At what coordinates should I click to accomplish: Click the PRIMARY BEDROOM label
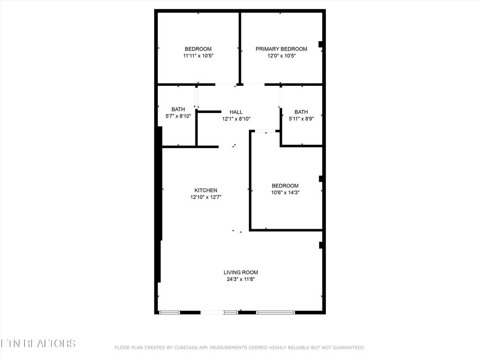click(281, 49)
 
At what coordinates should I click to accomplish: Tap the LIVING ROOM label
click(240, 272)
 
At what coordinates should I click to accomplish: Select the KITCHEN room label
click(206, 190)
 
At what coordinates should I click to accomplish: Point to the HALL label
click(236, 112)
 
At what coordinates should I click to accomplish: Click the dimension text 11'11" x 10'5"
click(198, 56)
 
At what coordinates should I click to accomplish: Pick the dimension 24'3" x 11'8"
click(240, 279)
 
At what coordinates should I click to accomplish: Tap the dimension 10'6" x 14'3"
click(285, 192)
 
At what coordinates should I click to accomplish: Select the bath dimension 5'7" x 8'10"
click(178, 116)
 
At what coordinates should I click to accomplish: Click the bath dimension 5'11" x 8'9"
click(301, 119)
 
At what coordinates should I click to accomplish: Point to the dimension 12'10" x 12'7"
click(206, 197)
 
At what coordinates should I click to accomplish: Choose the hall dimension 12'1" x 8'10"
click(236, 119)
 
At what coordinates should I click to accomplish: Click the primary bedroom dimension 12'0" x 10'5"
click(281, 56)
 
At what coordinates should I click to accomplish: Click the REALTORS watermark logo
click(37, 343)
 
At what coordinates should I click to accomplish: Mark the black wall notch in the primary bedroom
click(321, 45)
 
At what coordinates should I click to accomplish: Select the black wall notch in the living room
click(321, 245)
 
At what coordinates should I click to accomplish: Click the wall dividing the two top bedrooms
click(240, 47)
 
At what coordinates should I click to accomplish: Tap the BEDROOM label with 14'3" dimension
click(285, 186)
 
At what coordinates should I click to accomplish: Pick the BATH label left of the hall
click(178, 109)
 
